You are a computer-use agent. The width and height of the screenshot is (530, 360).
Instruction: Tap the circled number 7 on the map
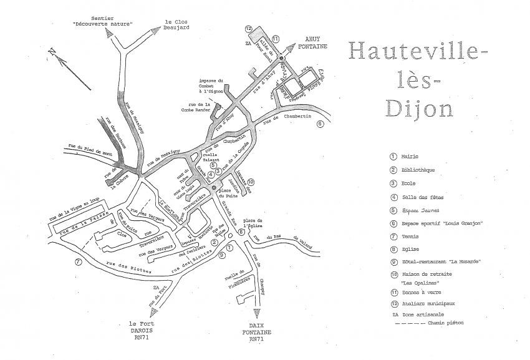pos(78,261)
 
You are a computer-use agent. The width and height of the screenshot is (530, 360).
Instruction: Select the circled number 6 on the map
pos(320,124)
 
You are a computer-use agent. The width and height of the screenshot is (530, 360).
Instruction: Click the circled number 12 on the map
pos(248,29)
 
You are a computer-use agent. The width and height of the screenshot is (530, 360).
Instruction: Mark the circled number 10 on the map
pos(251,182)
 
